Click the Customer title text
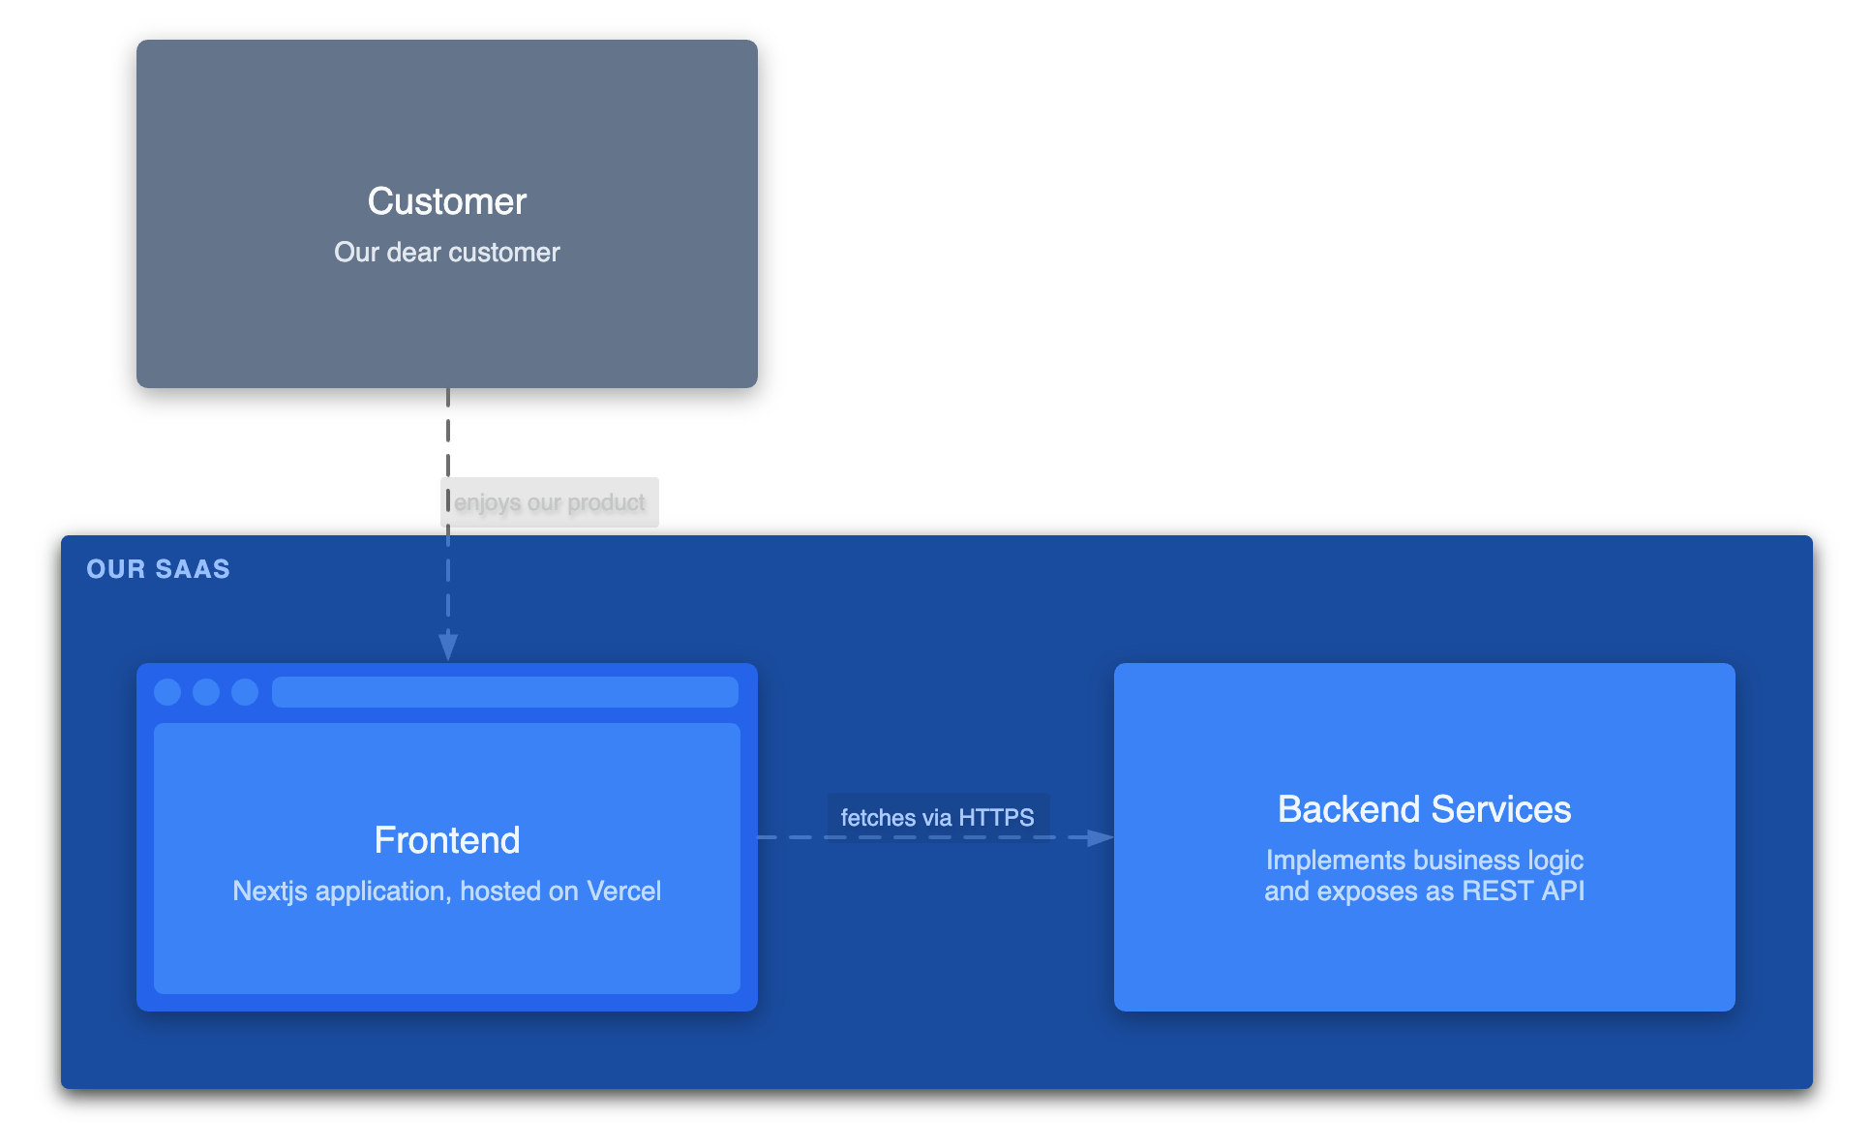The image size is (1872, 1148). tap(446, 201)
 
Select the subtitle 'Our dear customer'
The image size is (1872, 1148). tap(446, 253)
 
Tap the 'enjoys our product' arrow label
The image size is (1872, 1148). tap(549, 502)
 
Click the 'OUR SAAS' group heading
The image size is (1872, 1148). tap(158, 569)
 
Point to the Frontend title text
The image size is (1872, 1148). tap(446, 840)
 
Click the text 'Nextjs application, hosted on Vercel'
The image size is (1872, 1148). tap(446, 891)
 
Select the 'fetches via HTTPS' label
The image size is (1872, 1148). tap(937, 818)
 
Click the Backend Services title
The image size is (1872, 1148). tap(1424, 809)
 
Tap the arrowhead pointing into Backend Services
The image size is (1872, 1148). tap(1101, 837)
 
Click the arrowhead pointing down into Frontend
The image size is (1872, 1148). tap(448, 646)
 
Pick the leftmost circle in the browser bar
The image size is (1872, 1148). tap(167, 692)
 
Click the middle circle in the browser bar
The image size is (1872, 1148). tap(206, 692)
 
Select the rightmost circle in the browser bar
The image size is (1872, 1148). tap(245, 692)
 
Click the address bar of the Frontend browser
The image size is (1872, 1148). tap(504, 692)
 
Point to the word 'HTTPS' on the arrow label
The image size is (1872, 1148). tap(996, 818)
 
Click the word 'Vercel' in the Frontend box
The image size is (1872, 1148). tap(623, 891)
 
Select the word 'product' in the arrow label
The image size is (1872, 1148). tap(606, 502)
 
